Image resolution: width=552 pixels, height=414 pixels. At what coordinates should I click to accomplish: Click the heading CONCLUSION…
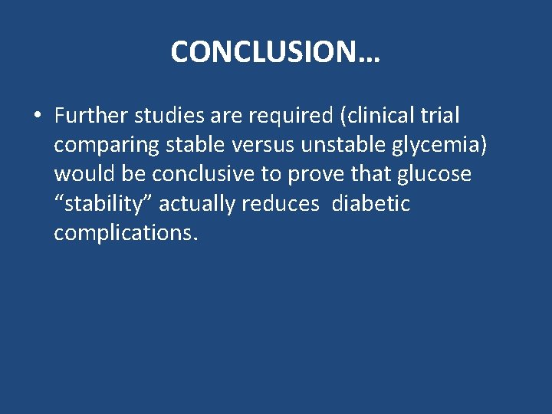275,52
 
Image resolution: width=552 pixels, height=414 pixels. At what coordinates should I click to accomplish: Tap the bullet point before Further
37,117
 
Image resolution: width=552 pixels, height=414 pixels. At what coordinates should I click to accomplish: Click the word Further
91,116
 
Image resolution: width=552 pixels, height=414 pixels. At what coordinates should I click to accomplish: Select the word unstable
337,145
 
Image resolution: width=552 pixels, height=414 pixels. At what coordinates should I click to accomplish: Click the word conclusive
204,175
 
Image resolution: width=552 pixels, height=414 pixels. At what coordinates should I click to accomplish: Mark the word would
82,175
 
